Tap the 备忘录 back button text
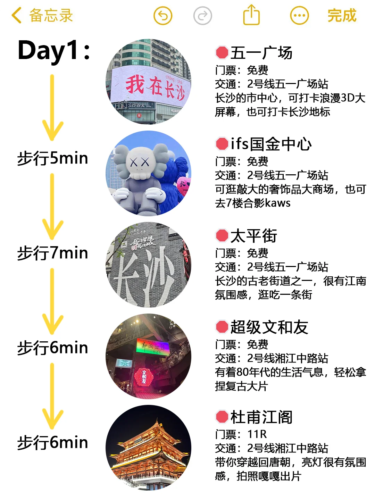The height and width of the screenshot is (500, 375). coord(51,16)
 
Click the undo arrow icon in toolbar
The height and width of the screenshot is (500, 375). coord(163,16)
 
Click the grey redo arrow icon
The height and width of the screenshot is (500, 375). coord(202,16)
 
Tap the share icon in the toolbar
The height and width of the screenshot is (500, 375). coord(251,15)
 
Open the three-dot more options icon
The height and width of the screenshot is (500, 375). coord(299,16)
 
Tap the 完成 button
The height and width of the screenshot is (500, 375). coord(342,16)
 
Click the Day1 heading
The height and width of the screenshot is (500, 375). coord(54,51)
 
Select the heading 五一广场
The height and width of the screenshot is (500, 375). coord(261,53)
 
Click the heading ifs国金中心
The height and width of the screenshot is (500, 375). coord(271,144)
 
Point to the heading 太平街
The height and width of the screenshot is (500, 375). coord(253,236)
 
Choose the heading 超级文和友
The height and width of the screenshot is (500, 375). coord(269,327)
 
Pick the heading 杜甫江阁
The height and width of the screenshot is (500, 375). coord(261,417)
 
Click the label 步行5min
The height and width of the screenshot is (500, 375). coord(53,158)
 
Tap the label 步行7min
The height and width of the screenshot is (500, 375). coord(53,253)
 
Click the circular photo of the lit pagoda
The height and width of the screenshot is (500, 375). coord(149,448)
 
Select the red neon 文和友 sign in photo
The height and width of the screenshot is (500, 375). coord(143,376)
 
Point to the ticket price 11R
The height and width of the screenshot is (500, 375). coord(257,434)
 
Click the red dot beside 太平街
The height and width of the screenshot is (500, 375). coord(222,236)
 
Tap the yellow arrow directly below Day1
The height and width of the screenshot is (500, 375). coord(52,108)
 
